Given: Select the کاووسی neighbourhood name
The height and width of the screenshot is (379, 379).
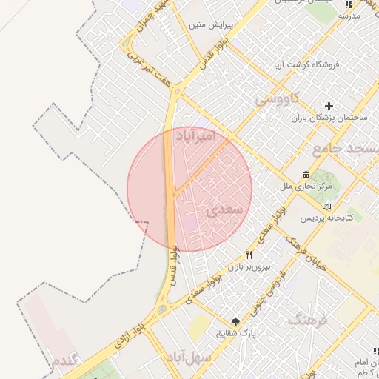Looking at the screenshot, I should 276,98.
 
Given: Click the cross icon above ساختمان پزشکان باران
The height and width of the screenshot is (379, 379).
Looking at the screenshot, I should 329,106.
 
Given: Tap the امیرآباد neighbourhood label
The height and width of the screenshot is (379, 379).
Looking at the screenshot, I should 196,136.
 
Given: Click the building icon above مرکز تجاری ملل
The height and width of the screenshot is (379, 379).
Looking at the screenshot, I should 306,175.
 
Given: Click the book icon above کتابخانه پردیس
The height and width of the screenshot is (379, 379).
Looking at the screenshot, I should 329,206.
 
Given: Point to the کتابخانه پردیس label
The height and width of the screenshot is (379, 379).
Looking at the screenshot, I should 326,218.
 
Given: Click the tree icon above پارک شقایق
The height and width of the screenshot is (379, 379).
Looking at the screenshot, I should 235,321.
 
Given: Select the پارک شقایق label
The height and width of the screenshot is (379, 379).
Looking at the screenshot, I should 236,333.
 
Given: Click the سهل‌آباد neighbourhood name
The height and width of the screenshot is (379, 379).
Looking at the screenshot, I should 189,358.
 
